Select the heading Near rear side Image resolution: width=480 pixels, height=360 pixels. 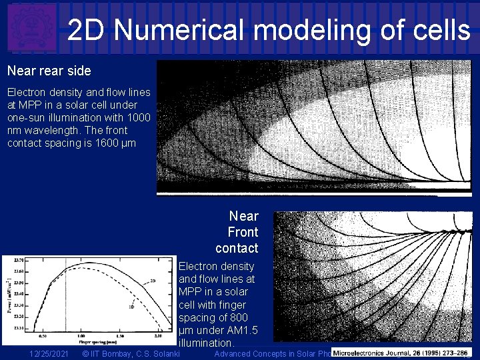49,70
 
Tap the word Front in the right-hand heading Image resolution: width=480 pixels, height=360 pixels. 243,232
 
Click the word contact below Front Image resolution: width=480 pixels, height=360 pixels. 237,249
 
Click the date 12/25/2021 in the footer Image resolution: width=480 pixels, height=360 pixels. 49,354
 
